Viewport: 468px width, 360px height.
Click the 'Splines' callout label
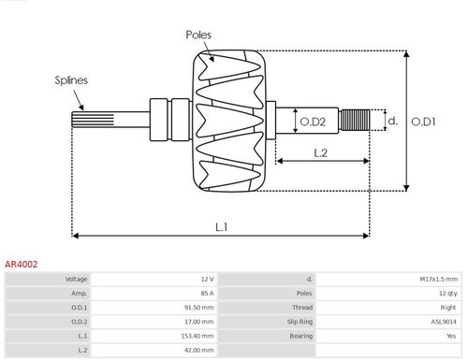(70, 80)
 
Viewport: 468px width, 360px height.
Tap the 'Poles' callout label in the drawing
(198, 35)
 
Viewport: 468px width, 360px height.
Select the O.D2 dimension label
(312, 120)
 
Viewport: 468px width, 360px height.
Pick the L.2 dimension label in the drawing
(320, 152)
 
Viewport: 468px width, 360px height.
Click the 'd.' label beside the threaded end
(393, 120)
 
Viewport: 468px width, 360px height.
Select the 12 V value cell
(207, 279)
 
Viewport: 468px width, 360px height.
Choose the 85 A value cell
(207, 293)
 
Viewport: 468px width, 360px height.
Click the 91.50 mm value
(200, 307)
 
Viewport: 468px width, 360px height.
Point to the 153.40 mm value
(198, 335)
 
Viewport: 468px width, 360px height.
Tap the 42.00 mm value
(200, 349)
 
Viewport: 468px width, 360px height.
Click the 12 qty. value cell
(445, 293)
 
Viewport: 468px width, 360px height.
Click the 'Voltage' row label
(77, 279)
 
